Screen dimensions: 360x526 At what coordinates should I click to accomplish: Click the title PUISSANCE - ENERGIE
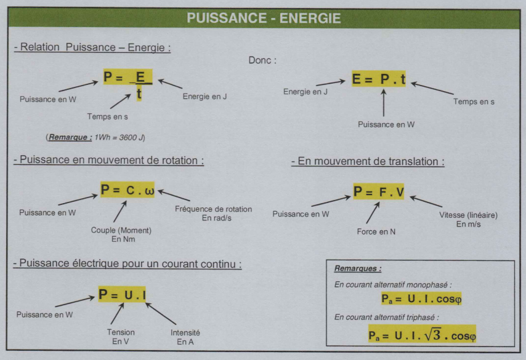point(264,18)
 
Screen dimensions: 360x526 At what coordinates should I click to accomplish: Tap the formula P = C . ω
point(128,190)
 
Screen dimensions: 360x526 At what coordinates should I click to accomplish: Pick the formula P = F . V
point(379,192)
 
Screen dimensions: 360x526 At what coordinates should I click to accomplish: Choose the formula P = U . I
point(123,295)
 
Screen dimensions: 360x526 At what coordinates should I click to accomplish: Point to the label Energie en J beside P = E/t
point(205,97)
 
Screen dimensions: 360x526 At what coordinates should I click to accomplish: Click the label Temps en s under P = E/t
point(107,116)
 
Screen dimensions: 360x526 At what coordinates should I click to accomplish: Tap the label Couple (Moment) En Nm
point(121,234)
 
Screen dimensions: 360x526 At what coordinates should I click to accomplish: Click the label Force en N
point(376,232)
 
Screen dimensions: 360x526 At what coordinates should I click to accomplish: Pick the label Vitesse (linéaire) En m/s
point(468,220)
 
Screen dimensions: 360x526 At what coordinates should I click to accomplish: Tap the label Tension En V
point(120,337)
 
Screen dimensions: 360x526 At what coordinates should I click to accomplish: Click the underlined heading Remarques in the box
point(357,268)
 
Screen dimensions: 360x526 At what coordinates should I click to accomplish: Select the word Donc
point(262,60)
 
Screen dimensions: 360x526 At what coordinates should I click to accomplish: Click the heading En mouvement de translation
point(368,162)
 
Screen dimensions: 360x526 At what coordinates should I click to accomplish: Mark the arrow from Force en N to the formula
point(371,215)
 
